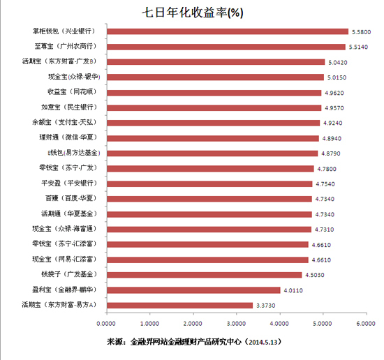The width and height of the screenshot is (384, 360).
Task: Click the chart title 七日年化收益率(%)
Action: coord(191,12)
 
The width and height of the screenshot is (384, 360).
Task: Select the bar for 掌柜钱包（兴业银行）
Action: coord(227,31)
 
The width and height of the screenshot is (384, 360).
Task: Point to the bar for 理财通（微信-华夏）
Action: coord(212,137)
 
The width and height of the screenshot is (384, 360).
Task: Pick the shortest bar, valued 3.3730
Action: coord(179,305)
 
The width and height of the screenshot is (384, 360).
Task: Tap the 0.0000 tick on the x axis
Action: coord(107,324)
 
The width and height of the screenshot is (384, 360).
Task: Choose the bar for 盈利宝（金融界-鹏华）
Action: coord(193,290)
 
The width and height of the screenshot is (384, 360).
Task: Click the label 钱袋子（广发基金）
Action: coord(70,274)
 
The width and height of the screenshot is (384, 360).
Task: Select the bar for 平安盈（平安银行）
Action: coord(209,183)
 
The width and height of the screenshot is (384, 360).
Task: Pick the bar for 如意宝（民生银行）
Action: coord(214,107)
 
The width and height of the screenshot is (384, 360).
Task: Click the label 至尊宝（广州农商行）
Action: coord(68,46)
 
